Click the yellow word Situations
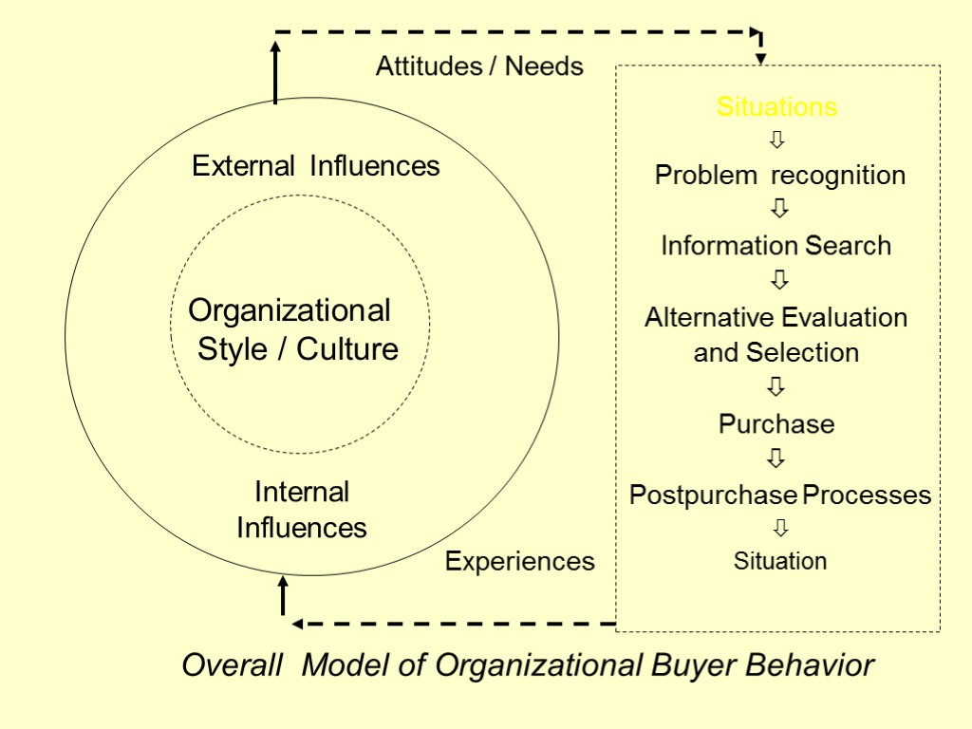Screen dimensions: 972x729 click(x=776, y=106)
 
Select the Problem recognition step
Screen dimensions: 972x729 click(x=780, y=176)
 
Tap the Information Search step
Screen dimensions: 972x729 click(x=776, y=246)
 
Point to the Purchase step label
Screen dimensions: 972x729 click(x=776, y=423)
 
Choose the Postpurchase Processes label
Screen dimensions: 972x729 click(x=780, y=495)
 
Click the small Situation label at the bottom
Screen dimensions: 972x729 click(x=780, y=561)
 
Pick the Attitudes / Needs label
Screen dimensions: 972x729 click(x=479, y=66)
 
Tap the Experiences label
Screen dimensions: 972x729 click(x=520, y=562)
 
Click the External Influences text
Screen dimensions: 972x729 click(x=316, y=166)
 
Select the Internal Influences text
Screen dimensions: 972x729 click(x=302, y=510)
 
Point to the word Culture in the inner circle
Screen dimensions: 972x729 click(x=347, y=349)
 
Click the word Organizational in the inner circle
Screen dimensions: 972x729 click(x=290, y=310)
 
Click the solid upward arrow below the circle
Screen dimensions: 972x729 click(x=283, y=596)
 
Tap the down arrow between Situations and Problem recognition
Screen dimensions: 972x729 click(x=777, y=140)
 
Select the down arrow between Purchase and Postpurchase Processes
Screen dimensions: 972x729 click(x=776, y=458)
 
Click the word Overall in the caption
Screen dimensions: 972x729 click(x=232, y=665)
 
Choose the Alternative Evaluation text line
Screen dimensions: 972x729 click(x=776, y=317)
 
